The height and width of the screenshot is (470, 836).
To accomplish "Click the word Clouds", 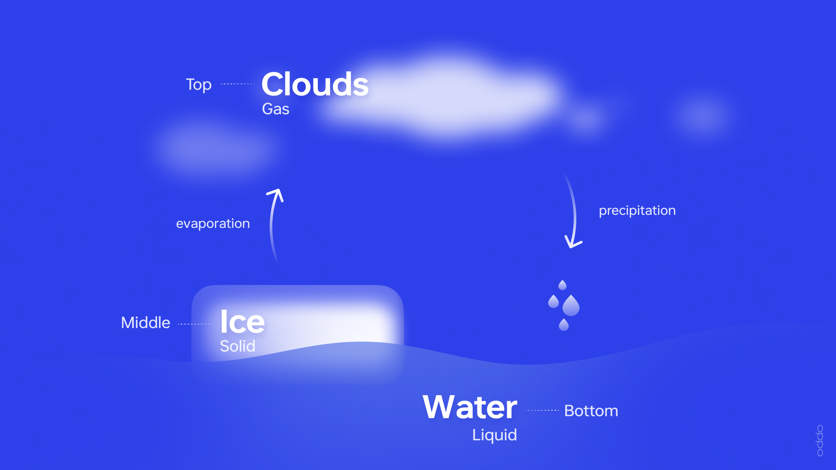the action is click(315, 84).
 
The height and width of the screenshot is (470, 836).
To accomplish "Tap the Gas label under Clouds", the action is click(276, 109).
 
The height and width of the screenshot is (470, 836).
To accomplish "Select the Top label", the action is click(199, 85).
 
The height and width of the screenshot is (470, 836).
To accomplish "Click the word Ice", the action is click(242, 321).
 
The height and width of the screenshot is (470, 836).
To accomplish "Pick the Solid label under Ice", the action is click(237, 346).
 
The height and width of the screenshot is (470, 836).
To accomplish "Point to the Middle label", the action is click(146, 322).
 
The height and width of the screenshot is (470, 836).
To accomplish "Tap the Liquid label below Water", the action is click(495, 435).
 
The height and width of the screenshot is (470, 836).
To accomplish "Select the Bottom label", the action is click(591, 411).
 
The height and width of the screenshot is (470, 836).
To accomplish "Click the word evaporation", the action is click(213, 224).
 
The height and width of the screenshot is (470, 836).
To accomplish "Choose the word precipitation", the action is click(637, 211).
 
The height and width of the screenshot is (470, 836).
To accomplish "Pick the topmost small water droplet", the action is click(562, 285).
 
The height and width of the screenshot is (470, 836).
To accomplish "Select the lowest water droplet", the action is click(564, 325).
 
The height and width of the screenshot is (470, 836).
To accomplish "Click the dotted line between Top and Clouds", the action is click(238, 84).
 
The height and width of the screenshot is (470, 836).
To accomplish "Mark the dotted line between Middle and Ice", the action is click(195, 324).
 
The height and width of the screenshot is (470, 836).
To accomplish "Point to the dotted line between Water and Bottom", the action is click(542, 410).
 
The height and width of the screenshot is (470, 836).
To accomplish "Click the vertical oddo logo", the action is click(820, 441).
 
